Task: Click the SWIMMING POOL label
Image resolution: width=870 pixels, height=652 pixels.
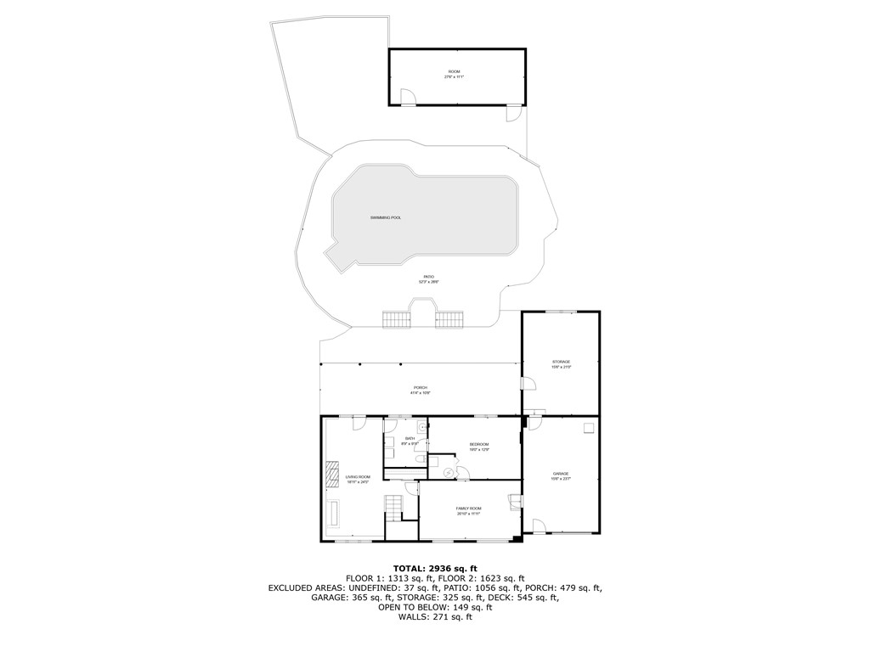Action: (386, 218)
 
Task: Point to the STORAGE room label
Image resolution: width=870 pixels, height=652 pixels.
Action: (561, 363)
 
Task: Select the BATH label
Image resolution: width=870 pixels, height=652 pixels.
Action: (410, 440)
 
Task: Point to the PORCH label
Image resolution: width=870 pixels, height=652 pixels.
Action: (421, 390)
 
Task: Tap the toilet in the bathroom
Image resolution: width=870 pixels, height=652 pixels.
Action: (421, 459)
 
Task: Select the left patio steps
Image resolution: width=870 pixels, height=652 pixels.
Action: (396, 320)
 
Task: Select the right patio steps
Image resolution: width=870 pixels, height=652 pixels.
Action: (449, 320)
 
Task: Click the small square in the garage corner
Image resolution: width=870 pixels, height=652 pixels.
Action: (588, 428)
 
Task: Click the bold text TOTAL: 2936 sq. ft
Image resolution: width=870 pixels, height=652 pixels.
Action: (435, 568)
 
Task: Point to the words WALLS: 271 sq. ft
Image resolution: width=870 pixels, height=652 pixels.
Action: (435, 617)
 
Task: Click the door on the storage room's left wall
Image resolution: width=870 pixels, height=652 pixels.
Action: (528, 383)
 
